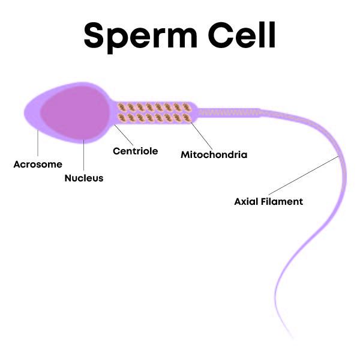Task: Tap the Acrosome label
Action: [x=38, y=165]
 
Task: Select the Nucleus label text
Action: [x=84, y=178]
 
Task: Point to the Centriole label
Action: [x=136, y=151]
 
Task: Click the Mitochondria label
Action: [x=214, y=155]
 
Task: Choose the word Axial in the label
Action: [x=247, y=202]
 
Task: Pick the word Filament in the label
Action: [x=283, y=202]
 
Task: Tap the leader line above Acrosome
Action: [x=38, y=144]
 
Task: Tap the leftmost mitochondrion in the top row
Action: [x=122, y=107]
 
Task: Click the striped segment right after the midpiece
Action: [x=228, y=112]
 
